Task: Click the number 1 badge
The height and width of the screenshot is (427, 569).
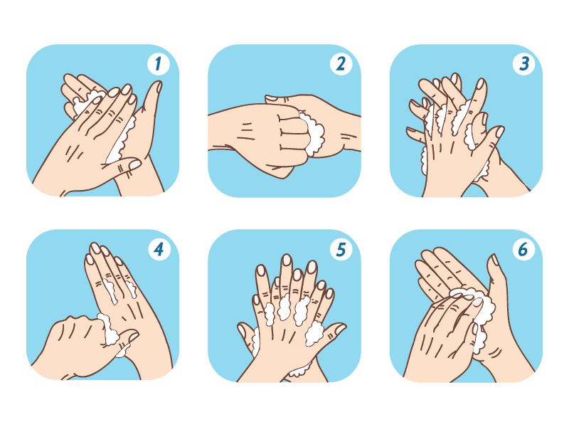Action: (159, 64)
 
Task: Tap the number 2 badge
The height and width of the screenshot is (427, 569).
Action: (341, 64)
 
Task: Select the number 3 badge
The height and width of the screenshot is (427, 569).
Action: (523, 64)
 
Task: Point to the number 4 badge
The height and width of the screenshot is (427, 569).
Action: (159, 250)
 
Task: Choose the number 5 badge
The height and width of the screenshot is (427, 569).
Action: (341, 250)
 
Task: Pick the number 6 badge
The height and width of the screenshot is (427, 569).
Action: (523, 250)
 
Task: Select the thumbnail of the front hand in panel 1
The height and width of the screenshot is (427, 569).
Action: (134, 164)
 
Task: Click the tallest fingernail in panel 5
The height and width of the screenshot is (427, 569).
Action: (287, 260)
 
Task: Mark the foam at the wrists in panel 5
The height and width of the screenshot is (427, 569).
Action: (299, 370)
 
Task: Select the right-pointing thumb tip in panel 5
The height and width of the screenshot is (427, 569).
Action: (341, 328)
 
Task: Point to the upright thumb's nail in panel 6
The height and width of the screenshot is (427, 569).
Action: (494, 260)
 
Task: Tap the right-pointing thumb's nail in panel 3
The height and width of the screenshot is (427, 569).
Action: (500, 132)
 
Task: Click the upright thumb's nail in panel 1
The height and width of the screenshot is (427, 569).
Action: (159, 86)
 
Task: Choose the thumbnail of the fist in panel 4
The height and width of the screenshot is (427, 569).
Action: (133, 337)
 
